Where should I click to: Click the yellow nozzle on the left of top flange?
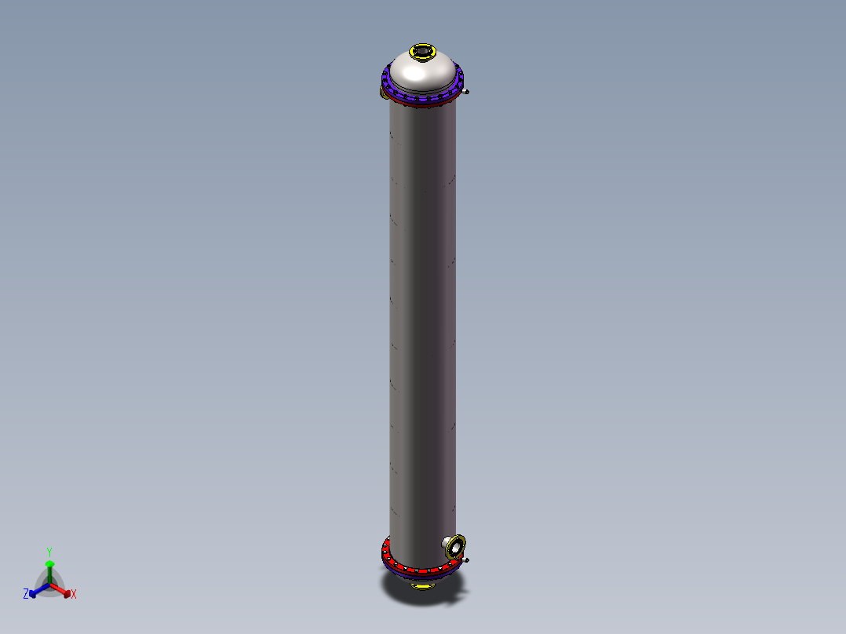point(383,93)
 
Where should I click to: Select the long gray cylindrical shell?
point(422,314)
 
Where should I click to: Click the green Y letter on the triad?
point(49,552)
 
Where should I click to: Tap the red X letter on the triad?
point(74,594)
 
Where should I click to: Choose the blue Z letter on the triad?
point(26,594)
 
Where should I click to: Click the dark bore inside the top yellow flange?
point(422,51)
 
